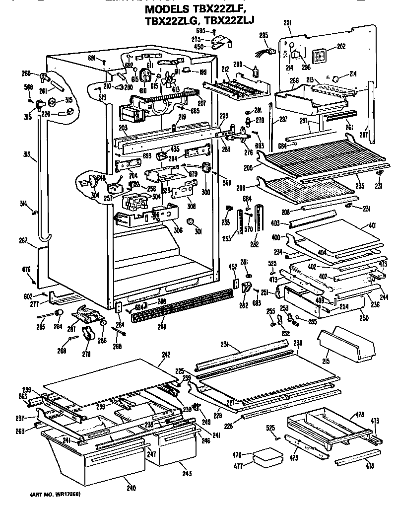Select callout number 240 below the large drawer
(x=131, y=488)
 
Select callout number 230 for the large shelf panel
(x=298, y=343)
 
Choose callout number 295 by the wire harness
(x=264, y=35)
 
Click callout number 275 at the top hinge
(x=197, y=39)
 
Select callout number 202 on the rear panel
(x=341, y=47)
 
